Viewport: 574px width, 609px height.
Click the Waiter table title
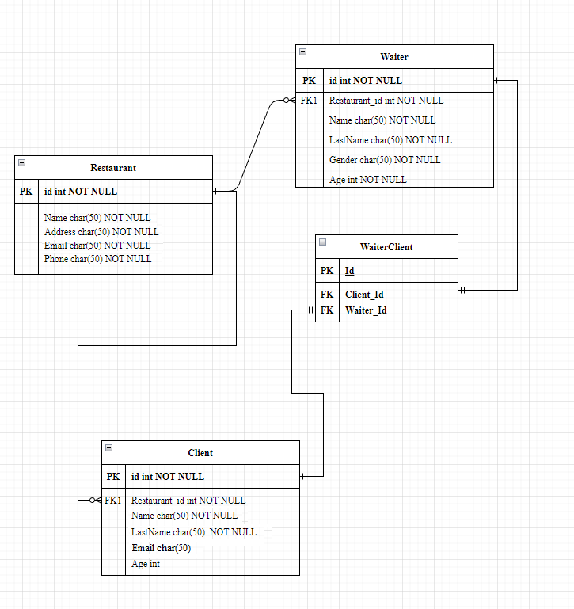coord(394,57)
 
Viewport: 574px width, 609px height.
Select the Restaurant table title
coord(113,168)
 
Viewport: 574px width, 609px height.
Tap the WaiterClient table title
coord(386,247)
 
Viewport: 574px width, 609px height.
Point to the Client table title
coord(200,453)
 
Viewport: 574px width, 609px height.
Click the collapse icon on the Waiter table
coord(302,52)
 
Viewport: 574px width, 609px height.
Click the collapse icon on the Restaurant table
coord(21,163)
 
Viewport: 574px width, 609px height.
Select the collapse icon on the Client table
coord(108,448)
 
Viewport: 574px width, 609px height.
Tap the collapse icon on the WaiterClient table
coord(322,242)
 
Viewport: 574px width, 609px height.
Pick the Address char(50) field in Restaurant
coord(101,232)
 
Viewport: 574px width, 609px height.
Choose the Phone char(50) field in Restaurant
coord(97,259)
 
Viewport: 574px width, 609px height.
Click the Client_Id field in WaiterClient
coord(364,295)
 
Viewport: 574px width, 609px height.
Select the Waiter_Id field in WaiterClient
coord(366,310)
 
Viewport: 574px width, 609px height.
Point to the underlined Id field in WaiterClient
coord(349,271)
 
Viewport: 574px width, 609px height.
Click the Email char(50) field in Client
coord(161,548)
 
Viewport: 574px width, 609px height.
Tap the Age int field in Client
coord(146,564)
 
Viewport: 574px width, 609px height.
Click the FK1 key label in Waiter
coord(309,101)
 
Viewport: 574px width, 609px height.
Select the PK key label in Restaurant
coord(26,192)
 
